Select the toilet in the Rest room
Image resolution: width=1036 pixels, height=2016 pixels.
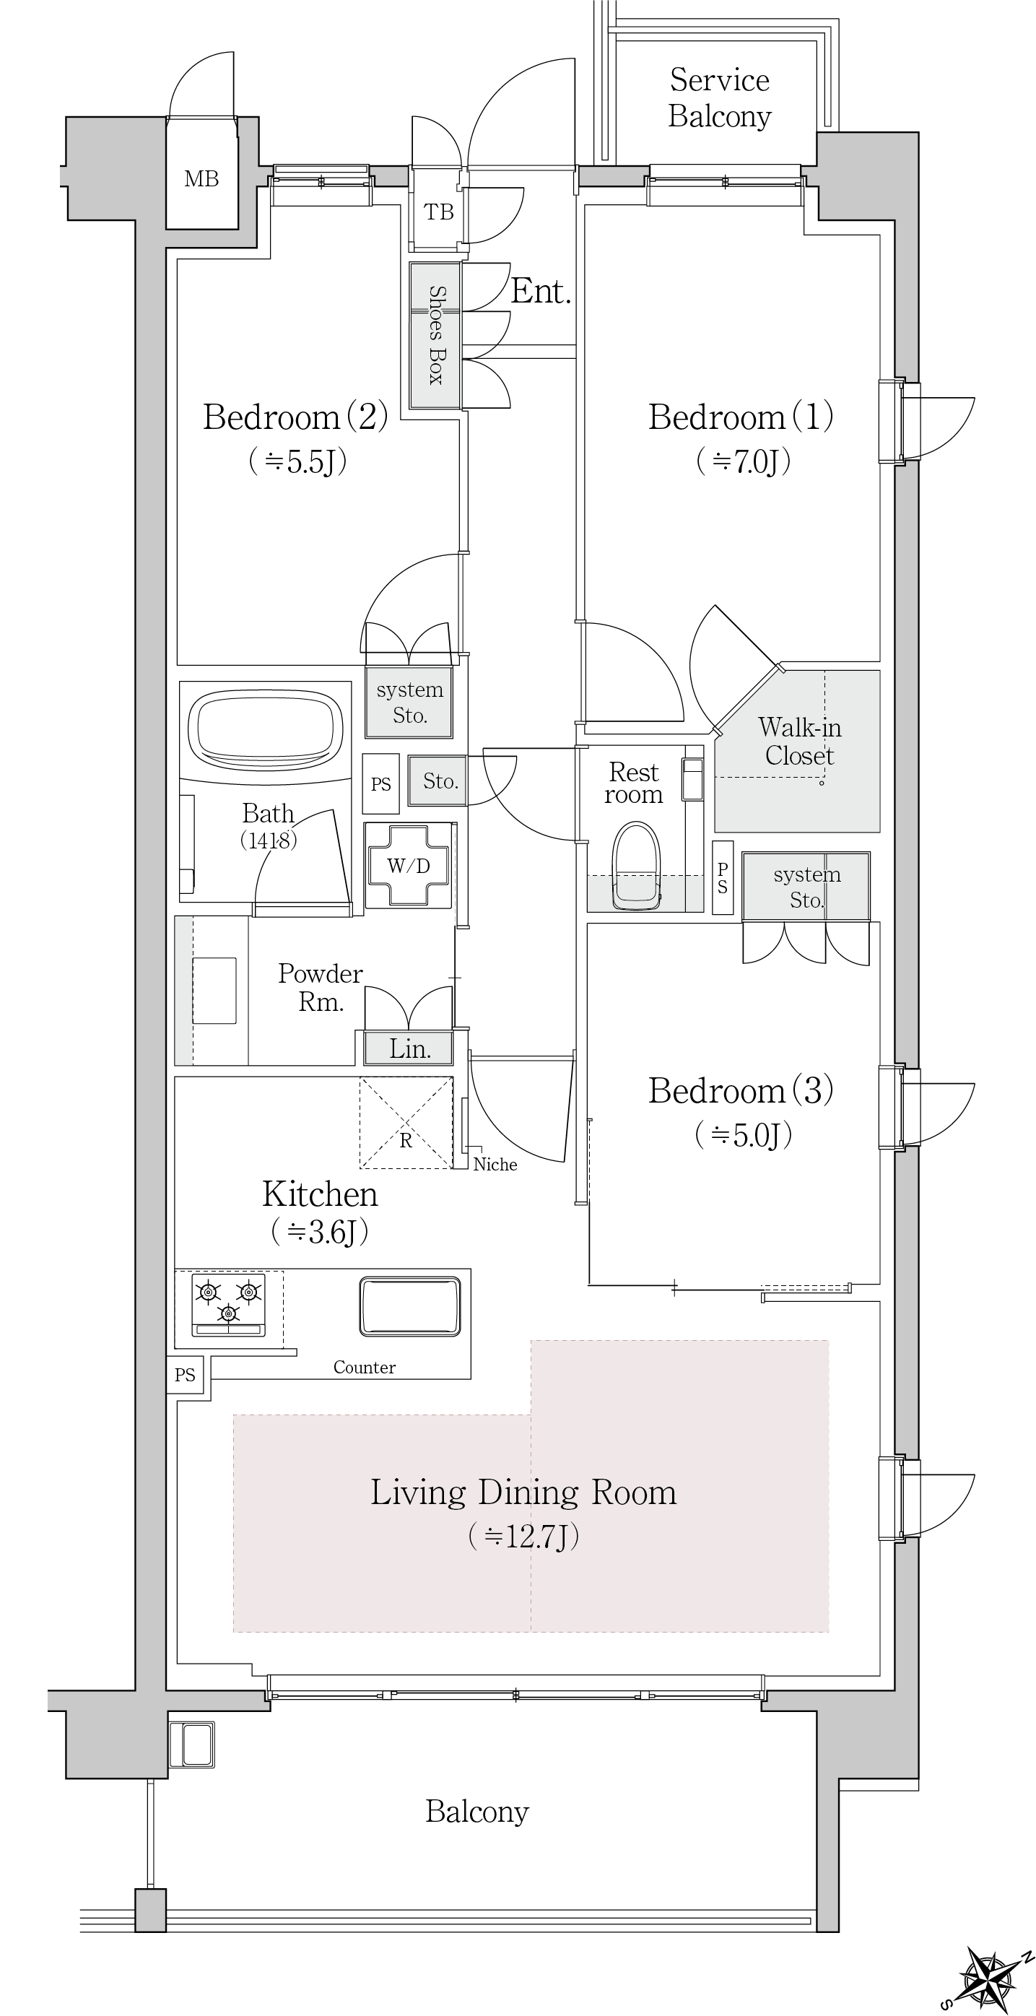coord(637,865)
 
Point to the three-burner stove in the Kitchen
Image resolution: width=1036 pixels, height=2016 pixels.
coord(228,1305)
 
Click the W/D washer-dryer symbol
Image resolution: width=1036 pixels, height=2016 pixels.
coord(409,865)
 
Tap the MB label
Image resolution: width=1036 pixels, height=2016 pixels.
coord(201,179)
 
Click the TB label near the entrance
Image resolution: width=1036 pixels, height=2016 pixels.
coord(438,212)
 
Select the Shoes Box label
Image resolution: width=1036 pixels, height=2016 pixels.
coord(437,334)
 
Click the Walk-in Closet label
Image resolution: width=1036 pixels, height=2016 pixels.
coord(799,741)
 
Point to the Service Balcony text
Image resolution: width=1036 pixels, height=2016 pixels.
coord(720,97)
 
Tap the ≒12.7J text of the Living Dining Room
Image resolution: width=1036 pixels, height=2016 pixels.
coord(523,1537)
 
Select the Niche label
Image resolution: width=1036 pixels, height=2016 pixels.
coord(495,1165)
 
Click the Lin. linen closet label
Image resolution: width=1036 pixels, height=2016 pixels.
coord(410,1048)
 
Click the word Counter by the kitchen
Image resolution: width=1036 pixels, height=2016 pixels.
coord(365,1367)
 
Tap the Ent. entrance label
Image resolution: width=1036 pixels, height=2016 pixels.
coord(541,291)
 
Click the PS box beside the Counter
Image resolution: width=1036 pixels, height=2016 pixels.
coord(186,1375)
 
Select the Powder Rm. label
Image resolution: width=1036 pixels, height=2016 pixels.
coord(321,988)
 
